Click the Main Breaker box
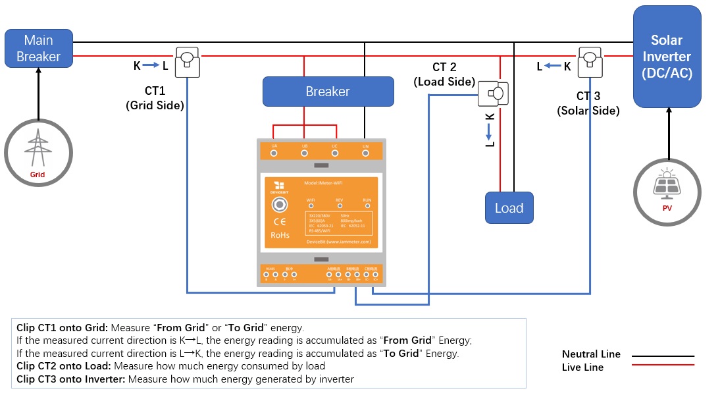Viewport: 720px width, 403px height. click(38, 48)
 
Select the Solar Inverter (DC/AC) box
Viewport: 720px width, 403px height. click(667, 57)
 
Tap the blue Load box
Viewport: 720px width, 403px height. click(509, 208)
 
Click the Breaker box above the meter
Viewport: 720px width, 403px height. click(328, 92)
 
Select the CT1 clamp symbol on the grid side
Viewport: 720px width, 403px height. click(188, 61)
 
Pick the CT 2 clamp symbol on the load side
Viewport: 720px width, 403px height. click(494, 94)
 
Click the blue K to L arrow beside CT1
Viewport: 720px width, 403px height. click(151, 65)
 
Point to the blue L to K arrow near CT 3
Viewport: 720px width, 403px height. click(553, 66)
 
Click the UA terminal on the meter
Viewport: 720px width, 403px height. click(274, 153)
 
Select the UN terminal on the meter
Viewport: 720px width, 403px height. click(365, 153)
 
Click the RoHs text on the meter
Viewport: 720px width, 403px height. click(280, 235)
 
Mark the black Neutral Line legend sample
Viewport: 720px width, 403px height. click(663, 356)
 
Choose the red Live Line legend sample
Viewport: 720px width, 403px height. click(663, 365)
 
